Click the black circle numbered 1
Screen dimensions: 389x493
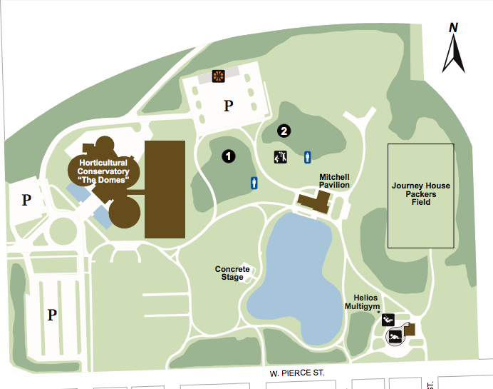228,154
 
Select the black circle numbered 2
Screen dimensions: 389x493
284,131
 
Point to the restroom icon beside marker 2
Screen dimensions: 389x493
308,156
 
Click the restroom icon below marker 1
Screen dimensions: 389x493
254,183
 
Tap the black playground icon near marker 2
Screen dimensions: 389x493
280,157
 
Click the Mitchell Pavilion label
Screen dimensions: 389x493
333,181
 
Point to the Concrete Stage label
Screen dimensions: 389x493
232,273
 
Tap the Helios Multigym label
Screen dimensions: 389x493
360,302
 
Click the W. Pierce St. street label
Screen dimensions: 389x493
297,373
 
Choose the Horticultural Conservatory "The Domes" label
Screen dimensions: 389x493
103,171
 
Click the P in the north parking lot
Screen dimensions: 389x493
229,106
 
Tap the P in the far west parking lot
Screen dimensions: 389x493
26,199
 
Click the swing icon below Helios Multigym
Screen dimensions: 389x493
388,320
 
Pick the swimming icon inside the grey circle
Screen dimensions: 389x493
393,336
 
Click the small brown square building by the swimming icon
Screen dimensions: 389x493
408,330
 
